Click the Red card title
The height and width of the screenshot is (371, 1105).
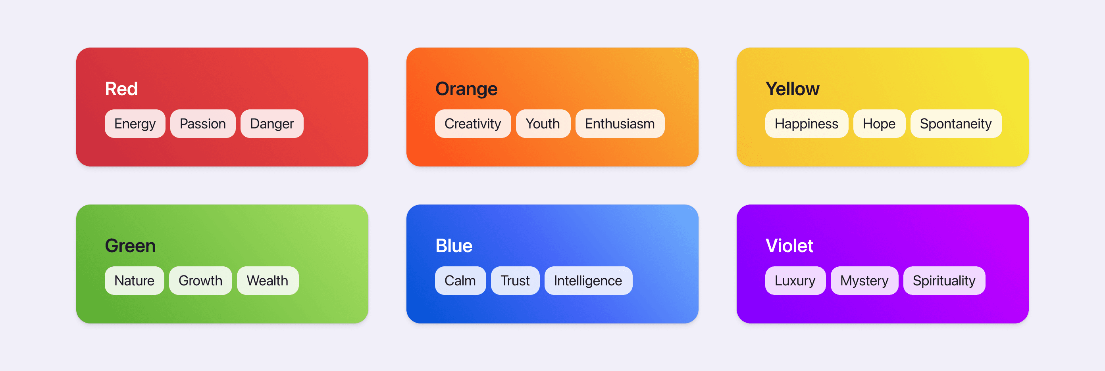[x=121, y=89]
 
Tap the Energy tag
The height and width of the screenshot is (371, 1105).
[x=135, y=124]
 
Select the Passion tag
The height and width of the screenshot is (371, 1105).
[x=202, y=124]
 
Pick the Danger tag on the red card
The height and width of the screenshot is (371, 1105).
[x=271, y=124]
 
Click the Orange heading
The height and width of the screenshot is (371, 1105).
[x=466, y=89]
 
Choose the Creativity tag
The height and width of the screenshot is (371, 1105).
[x=472, y=124]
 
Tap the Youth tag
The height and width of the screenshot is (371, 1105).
[x=543, y=124]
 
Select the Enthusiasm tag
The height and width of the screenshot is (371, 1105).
[x=620, y=124]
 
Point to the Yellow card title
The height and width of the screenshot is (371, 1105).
[x=792, y=89]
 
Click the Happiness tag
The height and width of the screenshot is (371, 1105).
[x=806, y=124]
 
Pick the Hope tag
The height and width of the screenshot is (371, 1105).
[x=879, y=124]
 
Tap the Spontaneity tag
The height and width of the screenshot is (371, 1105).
[x=956, y=124]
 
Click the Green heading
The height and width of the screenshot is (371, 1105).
[x=130, y=245]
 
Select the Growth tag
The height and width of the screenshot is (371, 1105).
[x=200, y=281]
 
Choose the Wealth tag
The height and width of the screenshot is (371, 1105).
[x=267, y=281]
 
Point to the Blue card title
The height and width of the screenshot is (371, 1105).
[x=453, y=245]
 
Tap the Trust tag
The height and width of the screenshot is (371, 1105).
[x=515, y=281]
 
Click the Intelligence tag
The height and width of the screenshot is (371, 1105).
[x=588, y=281]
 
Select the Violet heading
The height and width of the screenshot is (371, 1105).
[x=789, y=245]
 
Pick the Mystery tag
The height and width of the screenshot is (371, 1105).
[x=864, y=281]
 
